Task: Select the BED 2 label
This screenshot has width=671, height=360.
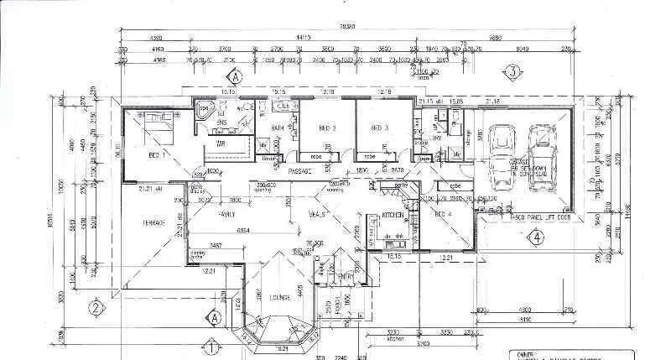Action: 328,128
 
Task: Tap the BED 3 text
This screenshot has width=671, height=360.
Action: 380,128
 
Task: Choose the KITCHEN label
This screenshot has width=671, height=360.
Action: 393,216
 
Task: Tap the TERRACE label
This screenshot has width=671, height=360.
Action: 153,222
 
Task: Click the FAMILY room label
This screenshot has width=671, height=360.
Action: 226,215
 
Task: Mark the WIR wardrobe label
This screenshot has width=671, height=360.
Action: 223,145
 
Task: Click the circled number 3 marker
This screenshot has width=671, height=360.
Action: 512,72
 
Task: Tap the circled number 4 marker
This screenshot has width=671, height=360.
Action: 535,235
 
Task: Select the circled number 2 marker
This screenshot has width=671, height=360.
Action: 96,308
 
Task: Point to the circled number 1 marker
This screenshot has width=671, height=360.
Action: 213,344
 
